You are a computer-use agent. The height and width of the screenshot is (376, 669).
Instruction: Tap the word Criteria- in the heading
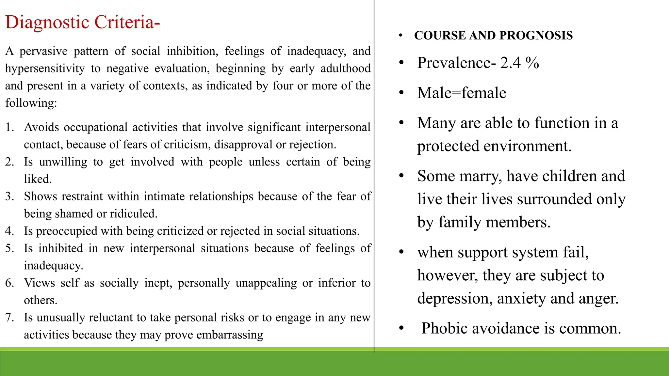127,23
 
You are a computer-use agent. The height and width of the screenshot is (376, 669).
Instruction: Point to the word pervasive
43,51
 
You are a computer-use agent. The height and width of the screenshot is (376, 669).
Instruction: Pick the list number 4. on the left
9,231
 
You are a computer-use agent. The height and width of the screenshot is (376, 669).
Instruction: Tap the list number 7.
9,318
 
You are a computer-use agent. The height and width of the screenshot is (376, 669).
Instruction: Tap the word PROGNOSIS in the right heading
536,36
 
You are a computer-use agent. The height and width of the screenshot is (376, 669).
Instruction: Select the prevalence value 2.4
510,63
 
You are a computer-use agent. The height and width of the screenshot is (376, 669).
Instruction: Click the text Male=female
462,93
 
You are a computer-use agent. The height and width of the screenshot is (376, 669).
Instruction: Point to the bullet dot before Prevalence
401,63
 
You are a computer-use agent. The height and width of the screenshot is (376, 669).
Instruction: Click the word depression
455,299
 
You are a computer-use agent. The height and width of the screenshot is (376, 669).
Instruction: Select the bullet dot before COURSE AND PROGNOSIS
401,36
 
